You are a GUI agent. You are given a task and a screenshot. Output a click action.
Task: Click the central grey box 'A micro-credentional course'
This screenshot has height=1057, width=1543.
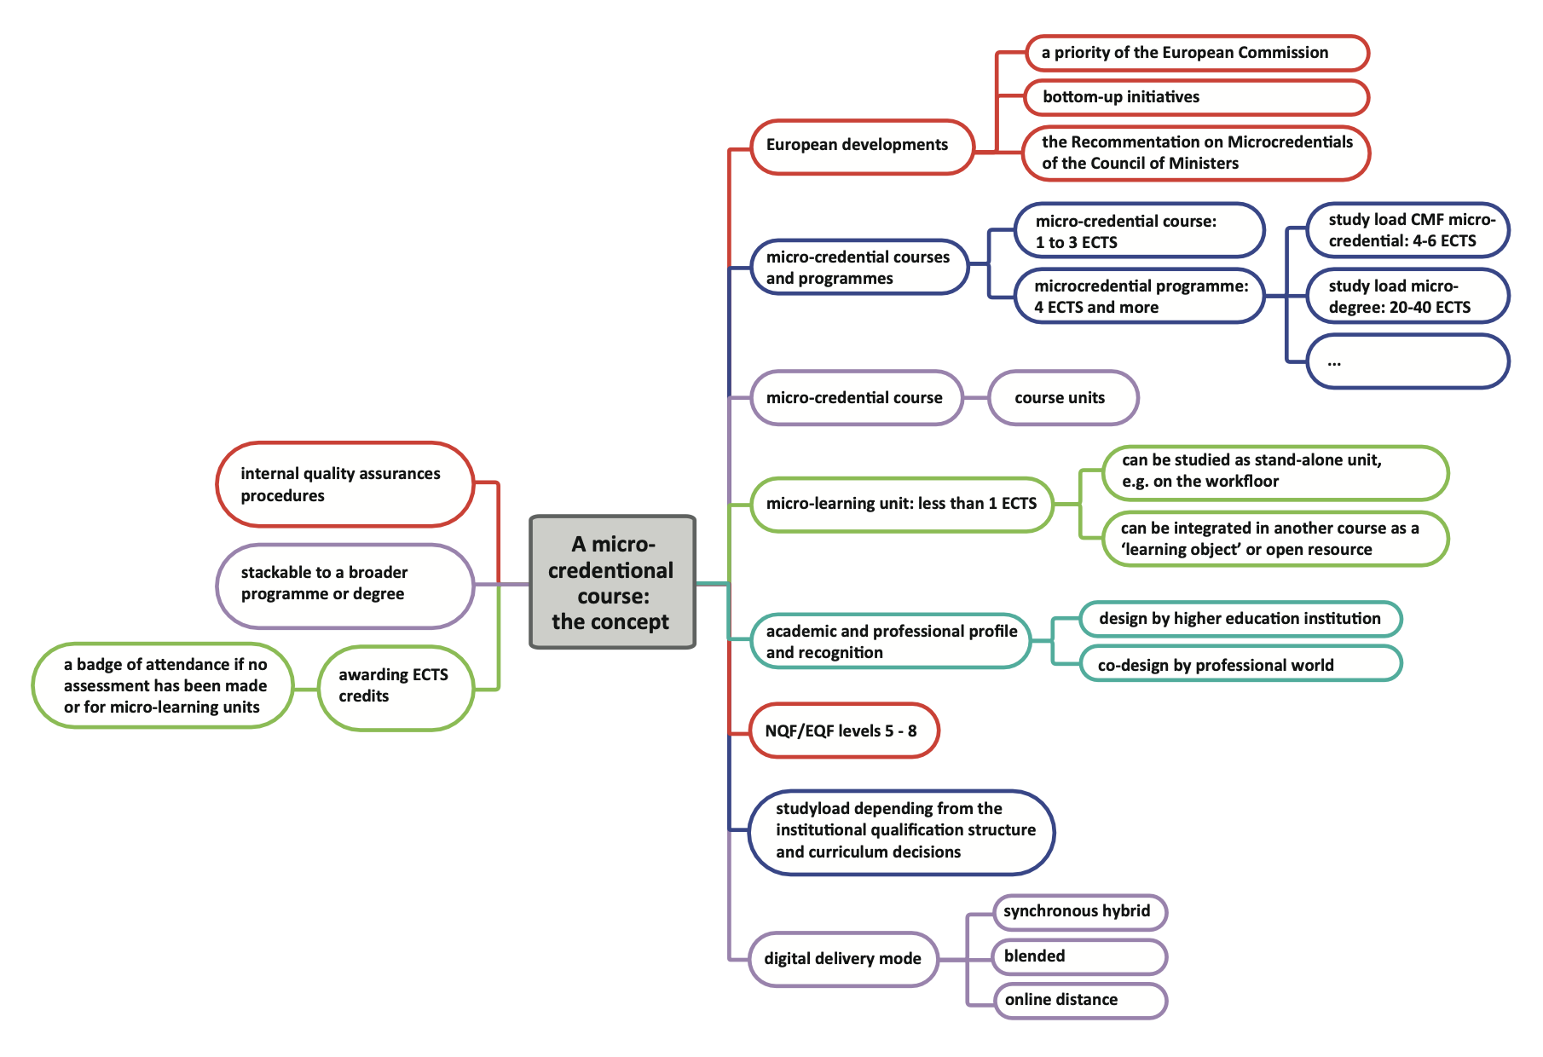pyautogui.click(x=612, y=582)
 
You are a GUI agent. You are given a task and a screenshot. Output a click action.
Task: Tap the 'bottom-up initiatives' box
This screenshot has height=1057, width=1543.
pyautogui.click(x=1195, y=97)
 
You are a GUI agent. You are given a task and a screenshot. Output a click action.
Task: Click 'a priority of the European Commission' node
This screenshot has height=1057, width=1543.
pyautogui.click(x=1195, y=53)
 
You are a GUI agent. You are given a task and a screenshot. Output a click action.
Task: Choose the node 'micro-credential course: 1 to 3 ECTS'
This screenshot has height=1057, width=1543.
pyautogui.click(x=1138, y=231)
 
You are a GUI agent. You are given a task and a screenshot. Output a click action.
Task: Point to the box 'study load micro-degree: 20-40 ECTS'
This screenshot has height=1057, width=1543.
pyautogui.click(x=1407, y=297)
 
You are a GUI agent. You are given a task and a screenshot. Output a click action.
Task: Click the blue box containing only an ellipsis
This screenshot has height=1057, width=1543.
pyautogui.click(x=1407, y=361)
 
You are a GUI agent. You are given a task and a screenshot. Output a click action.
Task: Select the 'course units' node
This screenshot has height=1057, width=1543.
pyautogui.click(x=1062, y=398)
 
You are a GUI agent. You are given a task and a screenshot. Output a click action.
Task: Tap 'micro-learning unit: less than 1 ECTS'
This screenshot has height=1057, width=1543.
pyautogui.click(x=901, y=505)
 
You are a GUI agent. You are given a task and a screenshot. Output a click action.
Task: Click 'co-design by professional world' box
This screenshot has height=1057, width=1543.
pyautogui.click(x=1240, y=665)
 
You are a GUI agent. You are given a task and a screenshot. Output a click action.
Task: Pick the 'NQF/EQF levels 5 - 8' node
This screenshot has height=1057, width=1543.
pyautogui.click(x=842, y=731)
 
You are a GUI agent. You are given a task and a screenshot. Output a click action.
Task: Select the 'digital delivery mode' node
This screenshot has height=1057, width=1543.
pyautogui.click(x=843, y=959)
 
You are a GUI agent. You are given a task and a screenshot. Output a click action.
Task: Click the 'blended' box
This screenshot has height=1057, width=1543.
pyautogui.click(x=1078, y=956)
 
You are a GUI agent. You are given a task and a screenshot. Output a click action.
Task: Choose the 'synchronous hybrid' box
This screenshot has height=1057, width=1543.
pyautogui.click(x=1078, y=912)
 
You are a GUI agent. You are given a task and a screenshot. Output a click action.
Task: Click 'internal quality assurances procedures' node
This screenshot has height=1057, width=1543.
pyautogui.click(x=344, y=484)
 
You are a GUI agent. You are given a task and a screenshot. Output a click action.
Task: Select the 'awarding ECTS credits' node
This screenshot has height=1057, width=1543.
pyautogui.click(x=395, y=686)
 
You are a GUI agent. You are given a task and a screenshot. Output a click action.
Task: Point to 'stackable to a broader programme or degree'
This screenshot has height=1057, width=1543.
pyautogui.click(x=344, y=584)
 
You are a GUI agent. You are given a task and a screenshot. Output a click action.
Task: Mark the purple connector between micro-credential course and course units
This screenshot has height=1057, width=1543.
pyautogui.click(x=975, y=398)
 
